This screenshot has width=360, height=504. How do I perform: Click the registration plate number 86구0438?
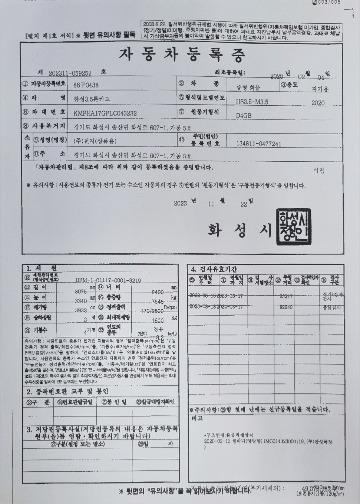coord(86,85)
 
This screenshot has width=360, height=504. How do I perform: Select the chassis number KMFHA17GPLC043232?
coord(105,113)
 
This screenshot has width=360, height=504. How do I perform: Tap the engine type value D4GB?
coord(244,115)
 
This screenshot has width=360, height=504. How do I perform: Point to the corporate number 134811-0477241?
coord(258,144)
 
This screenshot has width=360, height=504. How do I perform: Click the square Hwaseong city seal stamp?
coord(293,227)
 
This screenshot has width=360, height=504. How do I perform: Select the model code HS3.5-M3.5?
coord(252,102)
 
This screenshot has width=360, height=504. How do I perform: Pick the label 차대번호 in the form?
coord(48,112)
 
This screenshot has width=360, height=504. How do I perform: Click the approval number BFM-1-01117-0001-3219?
coord(108,280)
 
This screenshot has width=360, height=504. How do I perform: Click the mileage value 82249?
coord(286,307)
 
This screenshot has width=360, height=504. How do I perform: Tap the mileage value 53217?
coord(286,296)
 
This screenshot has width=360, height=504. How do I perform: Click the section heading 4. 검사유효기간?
coord(214,269)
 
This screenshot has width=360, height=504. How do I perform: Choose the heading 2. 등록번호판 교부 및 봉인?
coord(67,391)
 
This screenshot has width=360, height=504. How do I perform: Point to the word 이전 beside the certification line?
coord(318,171)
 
